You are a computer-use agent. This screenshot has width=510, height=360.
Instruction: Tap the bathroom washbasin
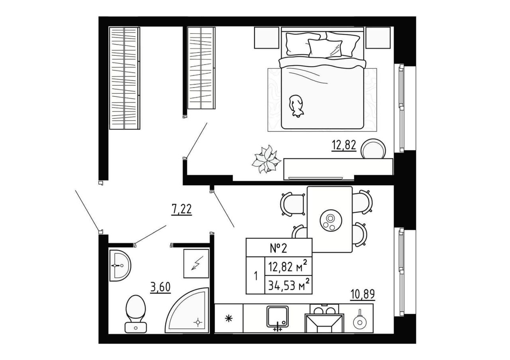coord(120,266)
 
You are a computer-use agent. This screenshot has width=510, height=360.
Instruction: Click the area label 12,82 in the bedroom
coord(344,145)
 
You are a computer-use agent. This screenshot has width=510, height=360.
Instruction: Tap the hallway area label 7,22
coord(181,209)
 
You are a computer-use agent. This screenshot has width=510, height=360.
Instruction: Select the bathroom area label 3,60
coord(160,287)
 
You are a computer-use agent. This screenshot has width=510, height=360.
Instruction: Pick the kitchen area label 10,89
coord(363,294)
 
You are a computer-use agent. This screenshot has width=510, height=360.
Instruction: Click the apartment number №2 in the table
coord(279,248)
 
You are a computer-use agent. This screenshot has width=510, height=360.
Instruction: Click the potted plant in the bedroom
coord(266,160)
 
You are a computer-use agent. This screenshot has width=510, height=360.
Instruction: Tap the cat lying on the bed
coord(296,106)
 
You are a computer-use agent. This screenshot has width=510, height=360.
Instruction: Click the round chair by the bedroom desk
coord(374,149)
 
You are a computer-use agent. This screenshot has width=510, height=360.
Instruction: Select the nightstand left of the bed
coord(267,37)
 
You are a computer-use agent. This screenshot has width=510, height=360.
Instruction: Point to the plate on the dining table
coord(331,221)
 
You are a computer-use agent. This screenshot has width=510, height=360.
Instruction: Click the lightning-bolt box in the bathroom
coord(196,264)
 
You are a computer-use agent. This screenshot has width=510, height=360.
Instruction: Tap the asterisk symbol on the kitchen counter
coord(229,318)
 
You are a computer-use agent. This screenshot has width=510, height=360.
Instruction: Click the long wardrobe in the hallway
coord(125,78)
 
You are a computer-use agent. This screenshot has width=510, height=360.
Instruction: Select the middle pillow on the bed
coord(325,48)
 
